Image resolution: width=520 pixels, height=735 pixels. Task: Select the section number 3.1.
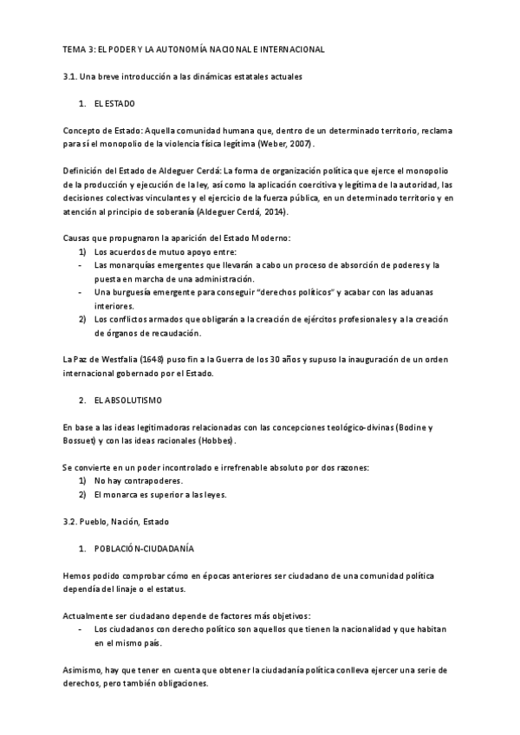click(x=72, y=77)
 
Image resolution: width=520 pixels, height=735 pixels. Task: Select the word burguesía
click(x=133, y=292)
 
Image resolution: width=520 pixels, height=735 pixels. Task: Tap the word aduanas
click(x=426, y=292)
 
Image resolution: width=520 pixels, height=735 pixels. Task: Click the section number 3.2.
click(x=72, y=522)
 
